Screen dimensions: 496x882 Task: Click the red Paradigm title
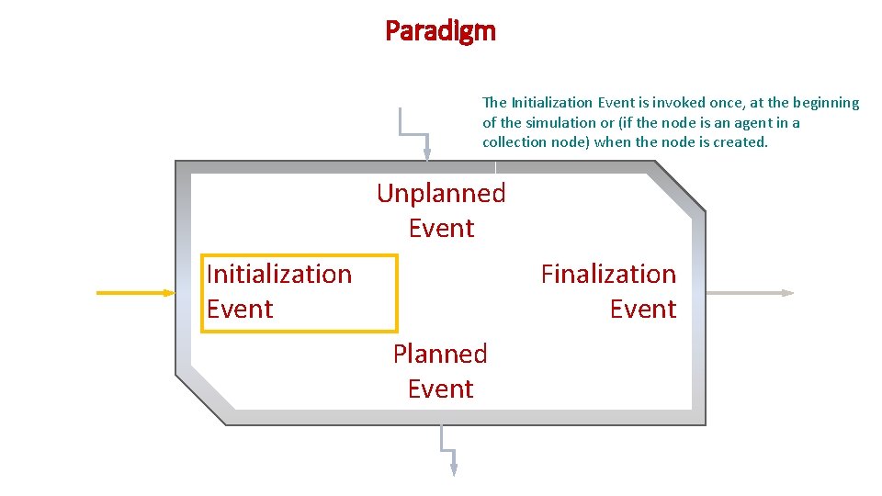point(440,31)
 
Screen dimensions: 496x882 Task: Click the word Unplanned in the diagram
point(441,193)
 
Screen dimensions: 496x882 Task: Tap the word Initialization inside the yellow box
point(279,274)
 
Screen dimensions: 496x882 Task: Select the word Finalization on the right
point(608,274)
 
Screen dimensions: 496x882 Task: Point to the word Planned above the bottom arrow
point(440,354)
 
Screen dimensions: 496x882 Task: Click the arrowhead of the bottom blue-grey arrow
point(453,468)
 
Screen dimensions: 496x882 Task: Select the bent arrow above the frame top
point(413,129)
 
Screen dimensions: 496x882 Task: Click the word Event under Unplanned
point(441,228)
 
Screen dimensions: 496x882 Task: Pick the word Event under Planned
point(440,389)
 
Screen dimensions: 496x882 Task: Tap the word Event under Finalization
point(642,309)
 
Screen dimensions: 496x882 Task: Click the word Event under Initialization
point(240,309)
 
